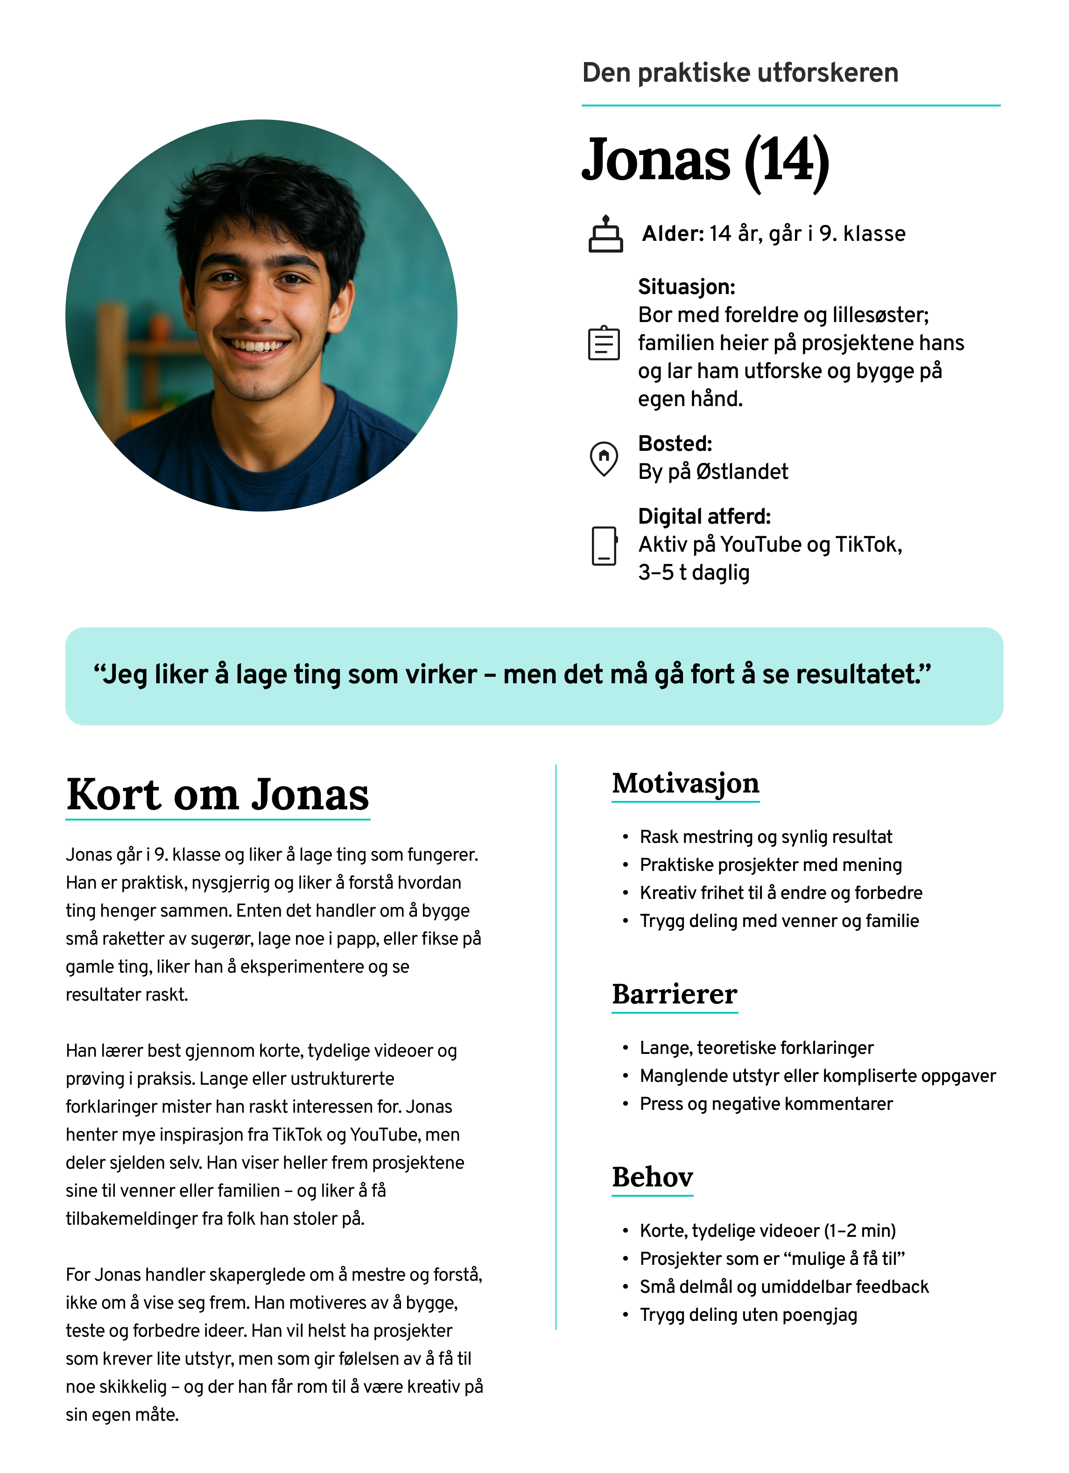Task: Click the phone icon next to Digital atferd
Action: [604, 546]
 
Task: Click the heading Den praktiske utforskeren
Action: [740, 73]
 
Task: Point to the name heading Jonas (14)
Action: [705, 161]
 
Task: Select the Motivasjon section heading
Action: [685, 783]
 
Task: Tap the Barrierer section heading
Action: [674, 994]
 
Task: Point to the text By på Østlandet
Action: [712, 471]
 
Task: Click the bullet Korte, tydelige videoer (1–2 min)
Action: [767, 1231]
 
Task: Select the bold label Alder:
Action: [672, 234]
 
